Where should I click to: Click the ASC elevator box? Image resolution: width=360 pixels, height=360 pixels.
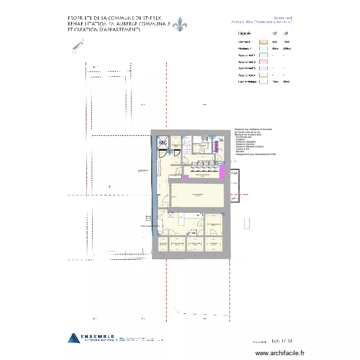[163, 143]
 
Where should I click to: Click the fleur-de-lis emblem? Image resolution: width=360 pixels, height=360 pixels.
[180, 24]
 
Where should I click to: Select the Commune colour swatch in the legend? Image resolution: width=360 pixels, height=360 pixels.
[263, 42]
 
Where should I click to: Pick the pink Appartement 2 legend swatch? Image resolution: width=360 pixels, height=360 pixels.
[263, 62]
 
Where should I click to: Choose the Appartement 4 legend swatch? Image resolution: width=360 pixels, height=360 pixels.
[263, 75]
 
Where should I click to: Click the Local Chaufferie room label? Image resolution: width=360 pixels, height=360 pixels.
[197, 194]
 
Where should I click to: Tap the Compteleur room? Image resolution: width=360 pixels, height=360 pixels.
[214, 245]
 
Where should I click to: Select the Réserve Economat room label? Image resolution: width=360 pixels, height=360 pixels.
[202, 175]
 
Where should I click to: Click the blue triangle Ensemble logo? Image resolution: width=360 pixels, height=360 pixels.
[73, 338]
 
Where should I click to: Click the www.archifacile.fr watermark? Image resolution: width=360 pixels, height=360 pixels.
[280, 353]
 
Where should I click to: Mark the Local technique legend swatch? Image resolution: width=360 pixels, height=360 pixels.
[263, 82]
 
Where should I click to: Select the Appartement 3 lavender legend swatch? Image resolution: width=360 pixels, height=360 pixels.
[263, 69]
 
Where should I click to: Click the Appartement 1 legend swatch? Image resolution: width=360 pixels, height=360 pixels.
[263, 55]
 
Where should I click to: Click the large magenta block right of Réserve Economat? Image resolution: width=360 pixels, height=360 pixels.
[222, 172]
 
